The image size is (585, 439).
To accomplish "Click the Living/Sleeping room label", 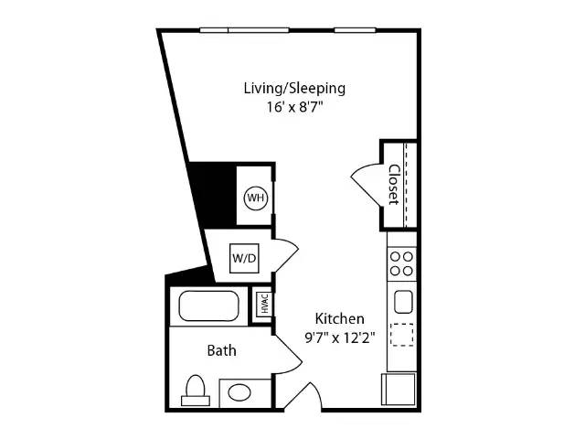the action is point(294,89).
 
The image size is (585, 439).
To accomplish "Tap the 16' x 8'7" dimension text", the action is point(294,107).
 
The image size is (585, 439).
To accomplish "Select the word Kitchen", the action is point(339,318).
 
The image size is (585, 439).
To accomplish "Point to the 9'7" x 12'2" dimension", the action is point(339,337).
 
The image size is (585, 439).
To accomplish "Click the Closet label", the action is point(394,185).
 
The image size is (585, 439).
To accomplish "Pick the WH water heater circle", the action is point(256,198).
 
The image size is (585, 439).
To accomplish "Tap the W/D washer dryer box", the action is point(244,258).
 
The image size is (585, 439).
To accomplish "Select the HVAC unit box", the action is point(264,304).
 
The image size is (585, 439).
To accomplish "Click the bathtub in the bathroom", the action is point(209,306).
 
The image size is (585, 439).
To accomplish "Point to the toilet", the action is point(196,391).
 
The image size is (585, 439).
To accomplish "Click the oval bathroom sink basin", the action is point(239,393).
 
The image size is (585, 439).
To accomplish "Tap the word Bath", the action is point(221,350).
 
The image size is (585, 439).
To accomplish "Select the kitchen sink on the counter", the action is point(403,302).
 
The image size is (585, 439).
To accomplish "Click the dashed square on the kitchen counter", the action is point(402,335).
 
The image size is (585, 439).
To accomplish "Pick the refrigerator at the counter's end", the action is point(399,390).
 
